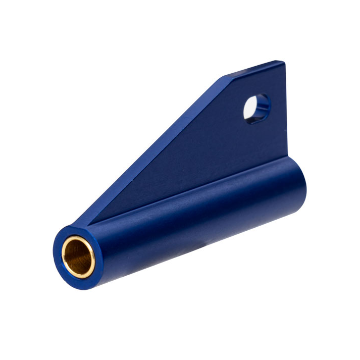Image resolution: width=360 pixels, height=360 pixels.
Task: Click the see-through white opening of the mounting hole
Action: point(252,107)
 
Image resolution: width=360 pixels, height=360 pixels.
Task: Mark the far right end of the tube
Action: point(304,185)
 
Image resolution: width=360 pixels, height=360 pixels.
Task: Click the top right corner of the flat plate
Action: point(283,63)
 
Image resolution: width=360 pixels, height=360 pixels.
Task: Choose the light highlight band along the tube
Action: point(202,207)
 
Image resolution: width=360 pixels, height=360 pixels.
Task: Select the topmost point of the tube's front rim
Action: point(73,226)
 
